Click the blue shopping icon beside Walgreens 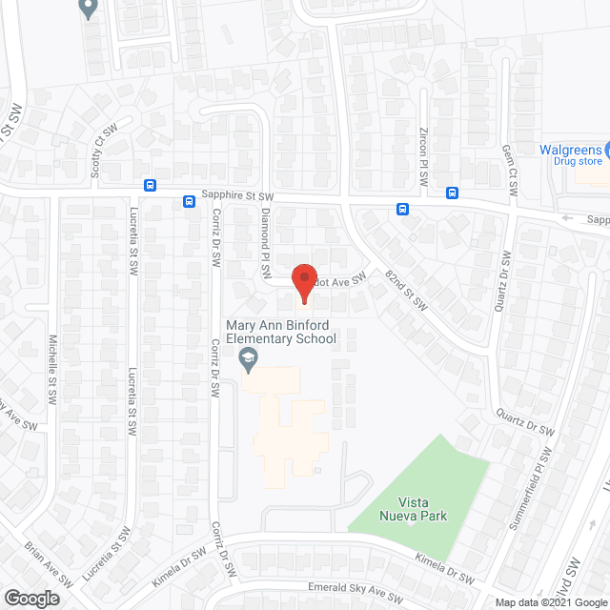[606, 150]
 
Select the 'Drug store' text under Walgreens [579, 162]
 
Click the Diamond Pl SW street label [267, 243]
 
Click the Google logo [30, 599]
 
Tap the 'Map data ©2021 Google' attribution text [551, 602]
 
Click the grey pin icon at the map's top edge [89, 9]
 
